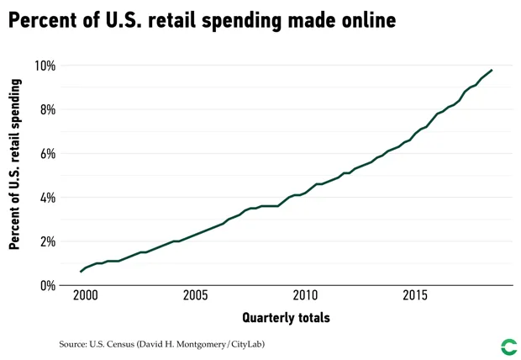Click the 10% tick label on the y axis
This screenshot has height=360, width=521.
click(x=45, y=66)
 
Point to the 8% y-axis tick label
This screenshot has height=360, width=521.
click(x=47, y=109)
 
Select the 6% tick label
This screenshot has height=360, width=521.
click(x=47, y=154)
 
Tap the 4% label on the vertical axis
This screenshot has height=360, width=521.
click(x=47, y=198)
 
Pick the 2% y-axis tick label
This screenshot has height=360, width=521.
click(x=47, y=241)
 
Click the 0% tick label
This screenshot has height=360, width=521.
click(x=47, y=286)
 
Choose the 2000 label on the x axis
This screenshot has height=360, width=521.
click(x=84, y=296)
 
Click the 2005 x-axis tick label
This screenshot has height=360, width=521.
click(x=194, y=296)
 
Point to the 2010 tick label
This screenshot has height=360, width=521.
click(x=305, y=296)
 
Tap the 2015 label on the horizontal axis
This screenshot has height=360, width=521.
click(x=415, y=296)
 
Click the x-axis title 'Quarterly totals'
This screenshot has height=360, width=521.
click(x=286, y=318)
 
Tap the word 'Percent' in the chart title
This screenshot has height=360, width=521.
click(x=43, y=20)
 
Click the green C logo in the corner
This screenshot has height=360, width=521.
click(x=508, y=347)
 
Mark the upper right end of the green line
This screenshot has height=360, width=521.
click(x=492, y=70)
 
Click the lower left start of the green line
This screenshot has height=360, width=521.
click(x=81, y=272)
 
